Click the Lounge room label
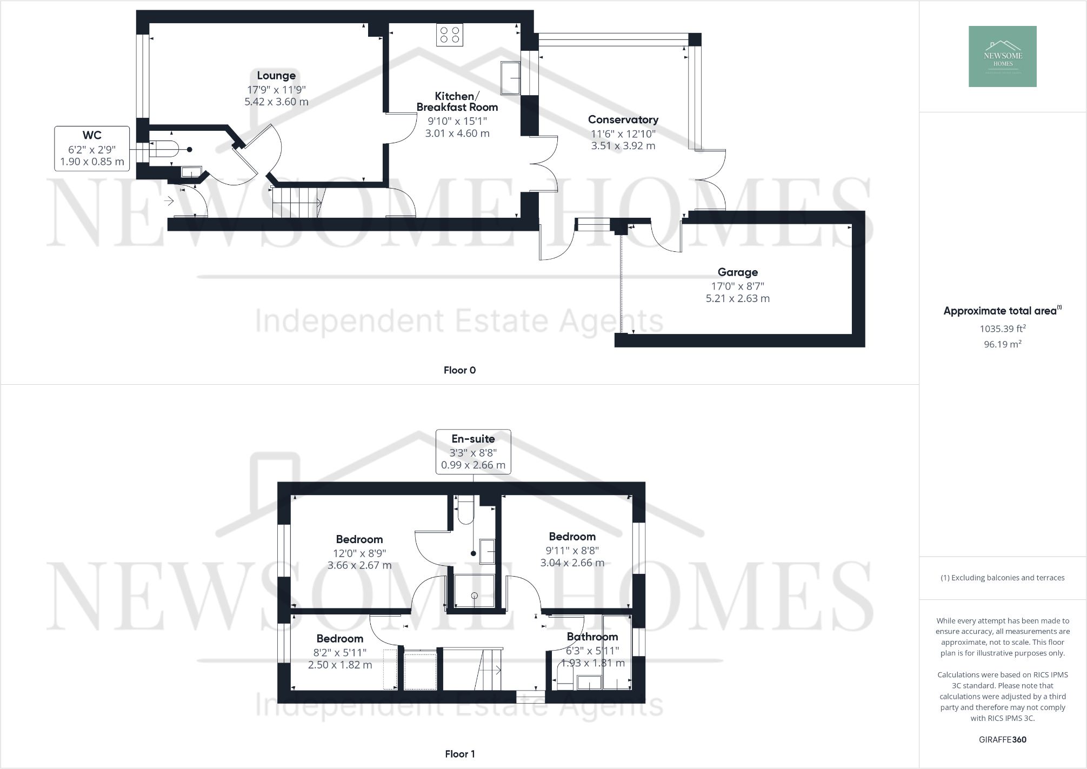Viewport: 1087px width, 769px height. (x=276, y=76)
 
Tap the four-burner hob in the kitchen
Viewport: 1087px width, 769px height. (x=450, y=35)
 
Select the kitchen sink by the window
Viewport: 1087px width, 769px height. (x=511, y=78)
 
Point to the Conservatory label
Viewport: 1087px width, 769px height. (x=623, y=119)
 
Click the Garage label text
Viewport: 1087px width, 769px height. (x=737, y=272)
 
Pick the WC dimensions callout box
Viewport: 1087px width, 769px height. (x=92, y=149)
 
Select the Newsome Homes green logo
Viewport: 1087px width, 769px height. (x=1002, y=56)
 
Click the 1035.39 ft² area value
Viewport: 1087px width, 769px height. (x=1002, y=329)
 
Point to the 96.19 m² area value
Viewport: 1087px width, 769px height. (x=1002, y=344)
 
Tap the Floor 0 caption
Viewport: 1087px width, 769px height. (x=459, y=370)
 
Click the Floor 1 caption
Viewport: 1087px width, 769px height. (x=459, y=754)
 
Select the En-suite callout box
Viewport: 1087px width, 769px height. (x=473, y=452)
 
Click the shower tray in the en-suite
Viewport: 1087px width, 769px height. (x=474, y=591)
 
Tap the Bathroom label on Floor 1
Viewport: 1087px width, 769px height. (x=592, y=637)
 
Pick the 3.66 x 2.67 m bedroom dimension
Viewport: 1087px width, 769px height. (x=359, y=565)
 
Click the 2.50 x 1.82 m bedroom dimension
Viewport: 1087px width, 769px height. (x=340, y=665)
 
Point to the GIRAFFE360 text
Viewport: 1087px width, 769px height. (x=1002, y=740)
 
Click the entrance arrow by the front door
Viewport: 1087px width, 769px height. (x=169, y=202)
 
